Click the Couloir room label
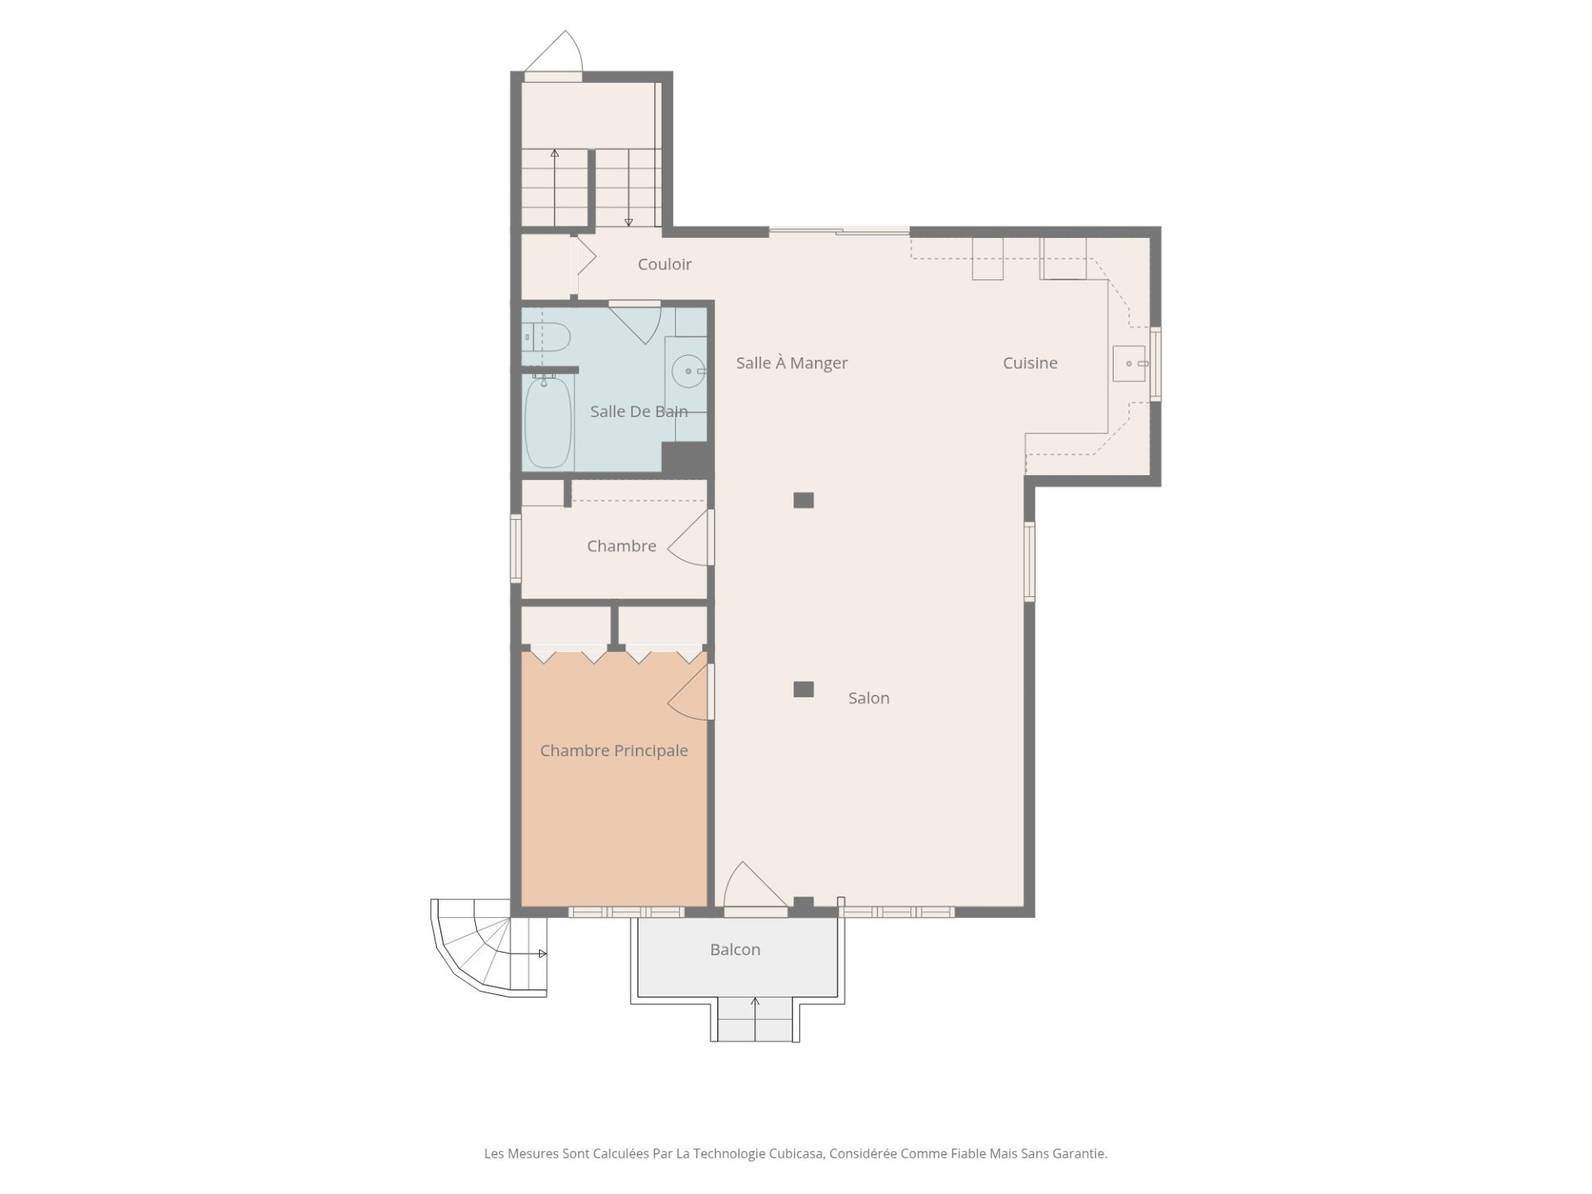click(664, 265)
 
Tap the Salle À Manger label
click(792, 363)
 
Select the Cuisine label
click(1030, 363)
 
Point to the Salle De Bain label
click(638, 411)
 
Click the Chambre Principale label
click(614, 750)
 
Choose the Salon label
click(869, 698)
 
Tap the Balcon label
click(735, 949)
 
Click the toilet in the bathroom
click(546, 337)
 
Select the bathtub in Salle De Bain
click(548, 422)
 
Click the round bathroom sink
click(688, 371)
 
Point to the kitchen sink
click(1129, 363)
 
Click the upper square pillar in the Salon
click(803, 500)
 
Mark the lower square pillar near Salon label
click(803, 689)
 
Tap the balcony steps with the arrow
click(755, 1019)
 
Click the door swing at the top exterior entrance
click(554, 51)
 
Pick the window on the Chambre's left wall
click(516, 547)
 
